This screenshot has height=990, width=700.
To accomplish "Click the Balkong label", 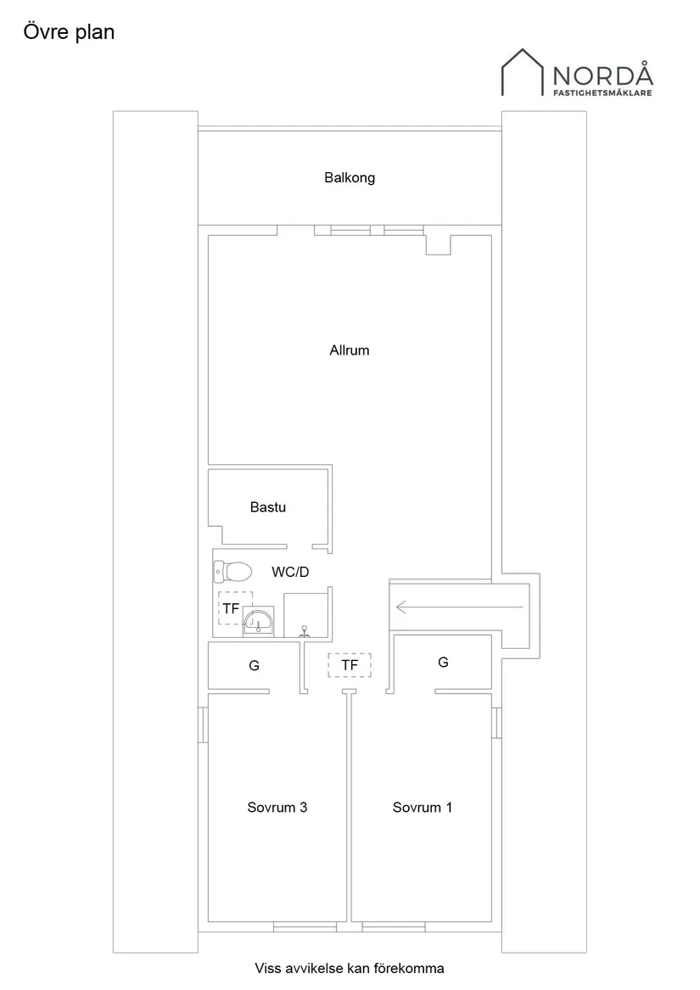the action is pyautogui.click(x=350, y=178).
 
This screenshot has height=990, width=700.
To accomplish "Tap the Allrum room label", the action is pyautogui.click(x=350, y=350).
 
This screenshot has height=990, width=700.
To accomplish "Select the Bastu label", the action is pyautogui.click(x=268, y=507).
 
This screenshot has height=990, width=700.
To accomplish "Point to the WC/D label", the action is pyautogui.click(x=291, y=572).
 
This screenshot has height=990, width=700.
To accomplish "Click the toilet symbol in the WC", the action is pyautogui.click(x=232, y=572).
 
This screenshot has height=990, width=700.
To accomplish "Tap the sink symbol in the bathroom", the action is pyautogui.click(x=259, y=621).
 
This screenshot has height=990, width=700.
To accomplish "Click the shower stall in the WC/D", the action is pyautogui.click(x=305, y=615).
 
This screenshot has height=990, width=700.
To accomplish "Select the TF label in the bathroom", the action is pyautogui.click(x=231, y=608).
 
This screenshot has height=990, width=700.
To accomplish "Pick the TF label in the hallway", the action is pyautogui.click(x=350, y=665).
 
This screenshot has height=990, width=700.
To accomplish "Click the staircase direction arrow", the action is pyautogui.click(x=459, y=607).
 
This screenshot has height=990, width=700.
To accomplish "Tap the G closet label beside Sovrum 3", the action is pyautogui.click(x=254, y=665).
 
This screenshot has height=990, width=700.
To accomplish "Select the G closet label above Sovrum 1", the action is pyautogui.click(x=443, y=663).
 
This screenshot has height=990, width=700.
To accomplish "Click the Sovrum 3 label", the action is pyautogui.click(x=277, y=808).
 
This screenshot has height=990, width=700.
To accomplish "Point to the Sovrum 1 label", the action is pyautogui.click(x=423, y=808).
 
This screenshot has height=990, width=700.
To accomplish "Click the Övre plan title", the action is pyautogui.click(x=69, y=32).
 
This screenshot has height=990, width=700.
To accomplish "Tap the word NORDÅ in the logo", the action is pyautogui.click(x=602, y=75).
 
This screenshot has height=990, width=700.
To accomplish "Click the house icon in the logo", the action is pyautogui.click(x=523, y=72).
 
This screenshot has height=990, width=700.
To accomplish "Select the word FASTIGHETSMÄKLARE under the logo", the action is pyautogui.click(x=602, y=92).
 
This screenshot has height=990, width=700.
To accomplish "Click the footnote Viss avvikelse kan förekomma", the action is pyautogui.click(x=350, y=968).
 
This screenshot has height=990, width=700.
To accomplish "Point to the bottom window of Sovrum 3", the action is pyautogui.click(x=305, y=927).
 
